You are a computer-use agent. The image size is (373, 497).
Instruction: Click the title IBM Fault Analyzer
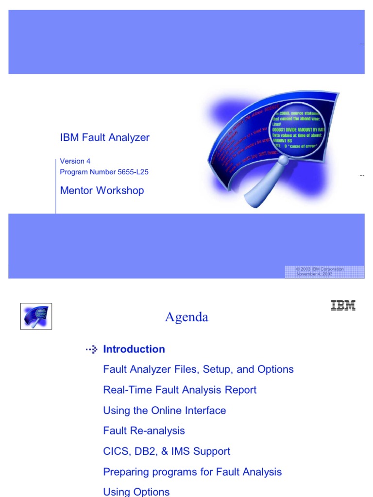coord(104,137)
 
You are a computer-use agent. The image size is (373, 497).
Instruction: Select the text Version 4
coord(75,161)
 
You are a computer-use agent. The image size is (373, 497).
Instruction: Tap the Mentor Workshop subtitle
coord(102,190)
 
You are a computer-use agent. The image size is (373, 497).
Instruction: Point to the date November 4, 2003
coord(314,274)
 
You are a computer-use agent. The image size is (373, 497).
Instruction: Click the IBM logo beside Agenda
coord(343,305)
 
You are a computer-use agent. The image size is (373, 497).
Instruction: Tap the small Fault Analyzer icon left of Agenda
coord(36,316)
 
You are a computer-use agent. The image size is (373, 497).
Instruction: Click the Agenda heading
coord(186,317)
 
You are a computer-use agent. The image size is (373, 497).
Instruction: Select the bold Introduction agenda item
coord(134,349)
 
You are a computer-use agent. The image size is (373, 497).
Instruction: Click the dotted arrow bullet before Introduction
coord(91,349)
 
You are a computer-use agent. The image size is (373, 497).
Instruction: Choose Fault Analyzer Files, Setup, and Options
coord(198,369)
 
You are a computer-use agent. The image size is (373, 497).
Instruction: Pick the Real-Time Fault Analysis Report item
coord(180,390)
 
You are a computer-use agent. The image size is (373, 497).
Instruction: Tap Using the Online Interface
coord(164,410)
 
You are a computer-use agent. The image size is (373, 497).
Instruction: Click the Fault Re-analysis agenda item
coord(144,431)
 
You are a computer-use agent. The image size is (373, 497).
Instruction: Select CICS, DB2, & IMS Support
coord(167,451)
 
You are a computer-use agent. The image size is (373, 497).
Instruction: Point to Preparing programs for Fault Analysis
coord(192,471)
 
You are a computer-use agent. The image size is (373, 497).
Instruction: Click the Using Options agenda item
coord(136,491)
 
